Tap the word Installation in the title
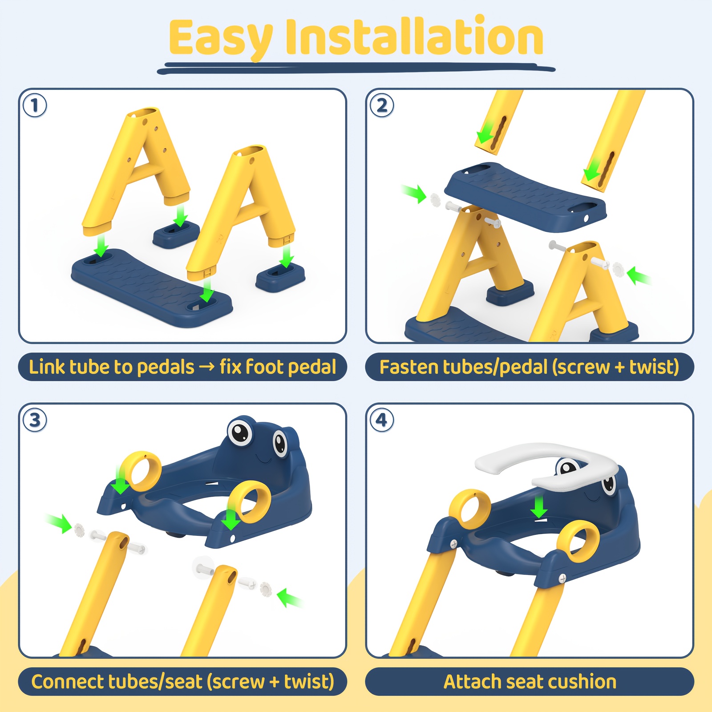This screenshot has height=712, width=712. [x=415, y=35]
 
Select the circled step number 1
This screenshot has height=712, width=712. [x=35, y=106]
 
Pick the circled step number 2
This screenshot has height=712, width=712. [x=382, y=106]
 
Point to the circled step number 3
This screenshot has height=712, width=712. [x=35, y=420]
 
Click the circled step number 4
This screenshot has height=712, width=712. [x=382, y=420]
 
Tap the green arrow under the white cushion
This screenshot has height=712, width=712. [x=539, y=507]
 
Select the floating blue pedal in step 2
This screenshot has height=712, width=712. [x=526, y=197]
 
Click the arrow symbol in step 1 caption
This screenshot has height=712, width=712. [x=206, y=368]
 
